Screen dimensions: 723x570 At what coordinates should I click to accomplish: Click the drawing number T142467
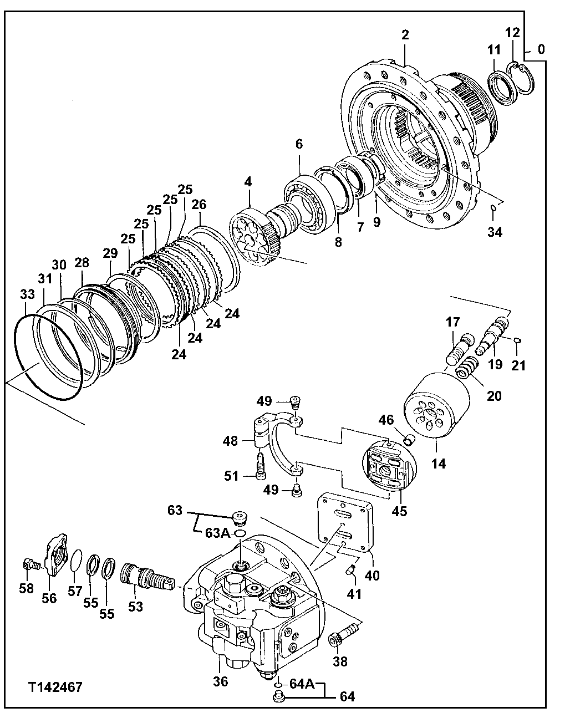point(55,688)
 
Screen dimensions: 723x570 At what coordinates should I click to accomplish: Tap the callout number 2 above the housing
point(405,35)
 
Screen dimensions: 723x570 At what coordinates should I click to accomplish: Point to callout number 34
point(495,232)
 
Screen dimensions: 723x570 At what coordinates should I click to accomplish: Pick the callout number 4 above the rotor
point(248,181)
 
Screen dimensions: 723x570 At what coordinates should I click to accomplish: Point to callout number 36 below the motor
point(220,681)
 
